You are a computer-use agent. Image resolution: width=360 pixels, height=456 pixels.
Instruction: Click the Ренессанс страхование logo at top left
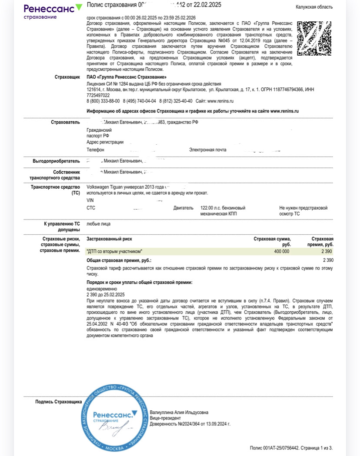pyautogui.click(x=52, y=11)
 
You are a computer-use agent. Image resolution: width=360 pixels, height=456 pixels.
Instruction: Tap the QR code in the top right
pyautogui.click(x=314, y=38)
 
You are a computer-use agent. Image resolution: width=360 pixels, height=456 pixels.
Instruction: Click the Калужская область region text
pyautogui.click(x=314, y=7)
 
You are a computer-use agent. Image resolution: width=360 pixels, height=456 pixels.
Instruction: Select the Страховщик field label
pyautogui.click(x=67, y=77)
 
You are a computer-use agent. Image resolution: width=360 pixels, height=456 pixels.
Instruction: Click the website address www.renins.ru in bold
pyautogui.click(x=284, y=111)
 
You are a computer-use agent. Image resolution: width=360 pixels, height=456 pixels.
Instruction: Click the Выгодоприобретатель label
pyautogui.click(x=56, y=161)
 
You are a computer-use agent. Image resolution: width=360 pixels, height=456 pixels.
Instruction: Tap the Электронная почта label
pyautogui.click(x=207, y=150)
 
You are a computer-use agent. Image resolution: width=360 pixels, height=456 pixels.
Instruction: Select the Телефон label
pyautogui.click(x=95, y=150)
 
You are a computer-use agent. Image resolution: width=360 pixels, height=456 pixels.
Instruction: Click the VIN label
pyautogui.click(x=90, y=200)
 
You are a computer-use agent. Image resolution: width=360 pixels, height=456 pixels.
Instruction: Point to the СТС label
pyautogui.click(x=91, y=208)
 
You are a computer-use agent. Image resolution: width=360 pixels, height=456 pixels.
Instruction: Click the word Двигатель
pyautogui.click(x=183, y=208)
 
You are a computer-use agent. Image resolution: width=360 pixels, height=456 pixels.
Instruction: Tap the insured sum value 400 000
pyautogui.click(x=281, y=252)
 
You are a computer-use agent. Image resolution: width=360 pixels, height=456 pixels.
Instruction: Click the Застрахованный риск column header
pyautogui.click(x=110, y=239)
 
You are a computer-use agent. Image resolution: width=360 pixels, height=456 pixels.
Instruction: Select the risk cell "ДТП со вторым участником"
pyautogui.click(x=115, y=252)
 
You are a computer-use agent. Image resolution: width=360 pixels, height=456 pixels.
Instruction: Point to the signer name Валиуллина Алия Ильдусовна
pyautogui.click(x=179, y=412)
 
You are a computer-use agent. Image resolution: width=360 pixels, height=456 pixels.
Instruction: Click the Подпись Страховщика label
pyautogui.click(x=58, y=402)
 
